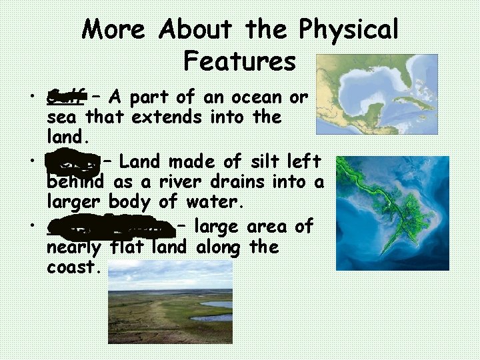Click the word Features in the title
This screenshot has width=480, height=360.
point(239,61)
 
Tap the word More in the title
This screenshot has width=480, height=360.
point(113,29)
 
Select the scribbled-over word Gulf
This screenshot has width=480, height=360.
point(66,97)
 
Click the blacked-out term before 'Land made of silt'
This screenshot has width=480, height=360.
point(73,162)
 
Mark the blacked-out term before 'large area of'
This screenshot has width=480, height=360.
point(111,227)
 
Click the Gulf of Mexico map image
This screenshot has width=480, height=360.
point(377,94)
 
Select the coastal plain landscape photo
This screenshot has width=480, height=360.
point(170,301)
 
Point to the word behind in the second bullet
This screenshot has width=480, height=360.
point(74,181)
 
